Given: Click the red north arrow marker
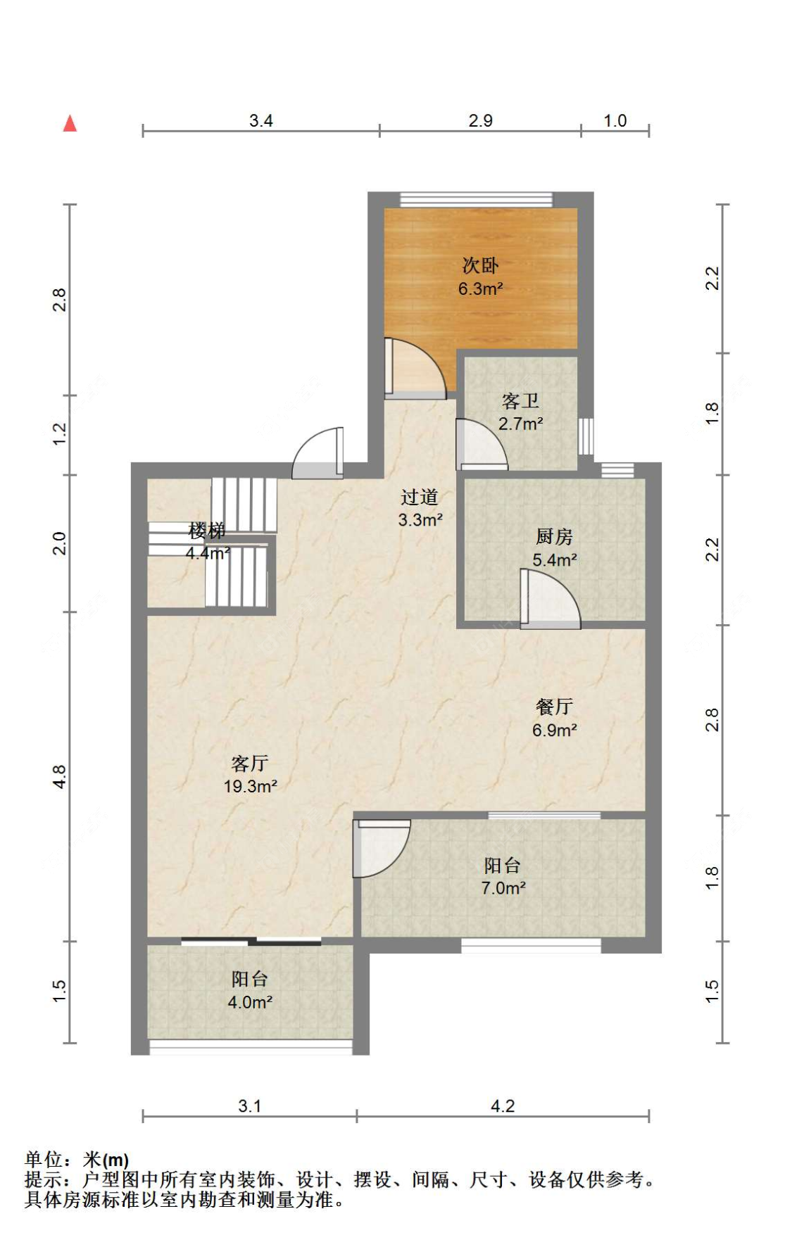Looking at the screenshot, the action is tap(70, 123).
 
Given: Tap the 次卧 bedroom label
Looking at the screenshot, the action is tap(480, 265).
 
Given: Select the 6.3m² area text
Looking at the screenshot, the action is tap(480, 289).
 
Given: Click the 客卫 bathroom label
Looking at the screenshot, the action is tap(520, 400).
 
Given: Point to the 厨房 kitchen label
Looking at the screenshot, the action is tap(554, 537).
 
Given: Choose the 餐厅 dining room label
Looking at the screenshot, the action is tap(554, 707).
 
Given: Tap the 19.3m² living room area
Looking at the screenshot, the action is tap(250, 786).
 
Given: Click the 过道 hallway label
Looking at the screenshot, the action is tap(420, 497).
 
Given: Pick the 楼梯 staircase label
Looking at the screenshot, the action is tap(207, 530).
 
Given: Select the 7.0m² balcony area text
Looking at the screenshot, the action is tap(503, 888).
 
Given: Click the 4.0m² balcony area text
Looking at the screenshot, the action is tap(250, 1002).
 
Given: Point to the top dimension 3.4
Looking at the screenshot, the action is tap(261, 120).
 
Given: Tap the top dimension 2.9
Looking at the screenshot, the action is tap(481, 120).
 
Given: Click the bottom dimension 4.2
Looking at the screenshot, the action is tap(503, 1106).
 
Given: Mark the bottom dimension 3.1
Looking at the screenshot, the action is tap(250, 1106).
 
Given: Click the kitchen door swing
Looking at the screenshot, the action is tap(550, 599).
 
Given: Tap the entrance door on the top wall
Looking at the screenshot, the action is tap(318, 453).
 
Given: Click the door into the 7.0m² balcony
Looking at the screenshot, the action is tap(381, 849).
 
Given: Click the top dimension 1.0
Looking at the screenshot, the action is tap(615, 120).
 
